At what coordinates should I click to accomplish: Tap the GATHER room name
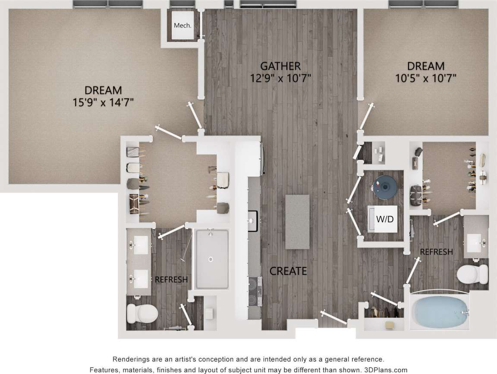(280, 66)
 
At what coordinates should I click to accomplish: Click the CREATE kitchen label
(288, 271)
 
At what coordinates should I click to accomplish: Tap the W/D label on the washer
(385, 219)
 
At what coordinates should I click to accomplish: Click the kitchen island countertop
(297, 221)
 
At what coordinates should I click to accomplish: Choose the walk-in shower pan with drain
(211, 259)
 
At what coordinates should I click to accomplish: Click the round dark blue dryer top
(384, 187)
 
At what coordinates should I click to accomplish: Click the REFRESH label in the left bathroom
(171, 280)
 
